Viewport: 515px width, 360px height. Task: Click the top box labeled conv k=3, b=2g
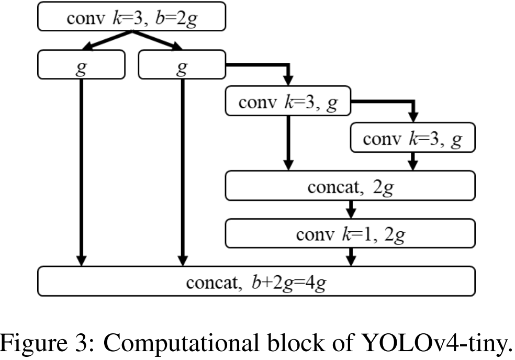coord(131,16)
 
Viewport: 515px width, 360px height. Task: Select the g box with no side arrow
coord(81,64)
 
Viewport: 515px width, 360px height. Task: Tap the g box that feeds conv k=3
coord(182,64)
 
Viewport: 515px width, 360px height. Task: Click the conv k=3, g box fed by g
coord(288,101)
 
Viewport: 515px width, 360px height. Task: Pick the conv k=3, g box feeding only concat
coord(413,137)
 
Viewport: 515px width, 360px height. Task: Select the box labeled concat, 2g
coord(350,186)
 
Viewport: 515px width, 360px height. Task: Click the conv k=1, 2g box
coord(350,233)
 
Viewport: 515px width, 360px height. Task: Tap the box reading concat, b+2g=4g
coord(256,281)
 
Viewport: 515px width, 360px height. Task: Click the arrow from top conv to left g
coord(107,41)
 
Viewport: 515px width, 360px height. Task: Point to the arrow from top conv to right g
coord(157,41)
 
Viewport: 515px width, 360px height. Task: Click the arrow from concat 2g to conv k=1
coord(351,209)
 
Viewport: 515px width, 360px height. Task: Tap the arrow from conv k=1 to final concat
coord(351,257)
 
